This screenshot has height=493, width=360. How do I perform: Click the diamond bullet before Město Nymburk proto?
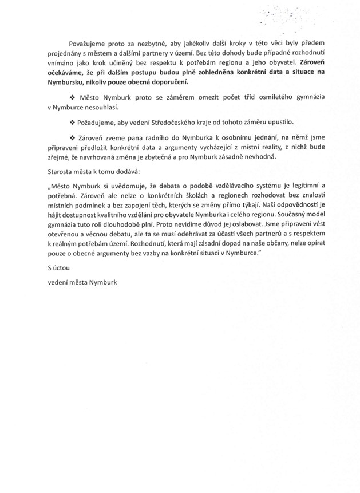(x=72, y=98)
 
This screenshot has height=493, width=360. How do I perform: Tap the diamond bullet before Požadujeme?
(x=72, y=122)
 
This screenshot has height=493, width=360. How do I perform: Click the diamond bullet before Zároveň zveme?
(x=72, y=137)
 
